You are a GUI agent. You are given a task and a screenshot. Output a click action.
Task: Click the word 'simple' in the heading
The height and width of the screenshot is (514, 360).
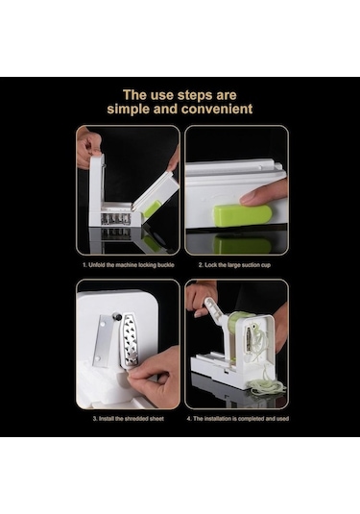pos(128,110)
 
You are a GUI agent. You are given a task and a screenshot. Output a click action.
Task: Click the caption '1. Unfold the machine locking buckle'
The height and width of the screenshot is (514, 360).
pos(128,265)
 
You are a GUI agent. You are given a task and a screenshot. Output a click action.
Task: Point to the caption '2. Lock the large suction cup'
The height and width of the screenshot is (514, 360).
pos(234,265)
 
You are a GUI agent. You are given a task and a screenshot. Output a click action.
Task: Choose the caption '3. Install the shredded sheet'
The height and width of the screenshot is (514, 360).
pos(128,419)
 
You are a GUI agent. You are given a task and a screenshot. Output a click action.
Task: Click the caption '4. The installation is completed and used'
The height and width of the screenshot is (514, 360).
pos(237,419)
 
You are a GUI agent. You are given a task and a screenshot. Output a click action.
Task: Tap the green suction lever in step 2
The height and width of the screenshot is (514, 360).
pos(242,215)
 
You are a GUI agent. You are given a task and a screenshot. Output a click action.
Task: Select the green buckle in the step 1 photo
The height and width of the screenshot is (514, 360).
pos(152,208)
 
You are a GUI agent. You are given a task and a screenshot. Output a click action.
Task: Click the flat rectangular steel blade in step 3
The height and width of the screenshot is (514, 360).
pos(103,341)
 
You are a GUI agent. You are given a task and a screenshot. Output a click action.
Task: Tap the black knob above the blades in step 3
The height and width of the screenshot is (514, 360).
pos(116,317)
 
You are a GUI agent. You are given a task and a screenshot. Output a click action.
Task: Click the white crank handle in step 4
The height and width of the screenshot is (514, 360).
pos(214,312)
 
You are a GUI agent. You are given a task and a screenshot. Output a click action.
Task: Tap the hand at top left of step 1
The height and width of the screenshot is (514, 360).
pos(87,147)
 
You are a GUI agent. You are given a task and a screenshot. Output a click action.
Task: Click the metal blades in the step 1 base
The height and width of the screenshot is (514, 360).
pos(115,219)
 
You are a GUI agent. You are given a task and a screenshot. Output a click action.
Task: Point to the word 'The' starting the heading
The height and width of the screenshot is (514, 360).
pos(134,95)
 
